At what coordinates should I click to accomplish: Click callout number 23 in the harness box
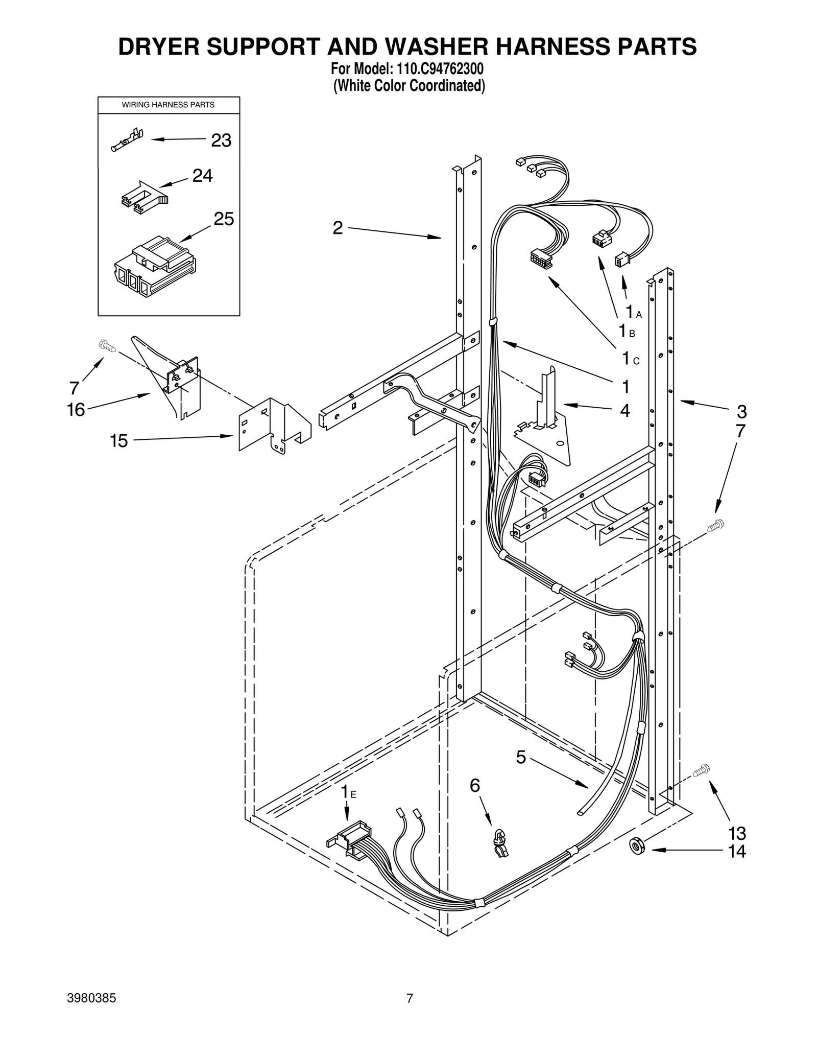pyautogui.click(x=221, y=140)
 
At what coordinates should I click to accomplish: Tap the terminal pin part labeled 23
pyautogui.click(x=126, y=140)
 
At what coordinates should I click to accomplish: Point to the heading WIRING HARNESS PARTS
pyautogui.click(x=168, y=105)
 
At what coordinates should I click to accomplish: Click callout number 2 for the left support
pyautogui.click(x=338, y=228)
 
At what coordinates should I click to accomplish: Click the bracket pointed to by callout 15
pyautogui.click(x=274, y=426)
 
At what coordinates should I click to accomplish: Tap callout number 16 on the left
pyautogui.click(x=76, y=410)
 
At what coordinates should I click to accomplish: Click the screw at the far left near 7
pyautogui.click(x=107, y=346)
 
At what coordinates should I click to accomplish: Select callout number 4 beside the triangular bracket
pyautogui.click(x=624, y=411)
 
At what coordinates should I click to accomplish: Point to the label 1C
pyautogui.click(x=630, y=359)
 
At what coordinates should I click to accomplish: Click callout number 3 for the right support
pyautogui.click(x=741, y=411)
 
